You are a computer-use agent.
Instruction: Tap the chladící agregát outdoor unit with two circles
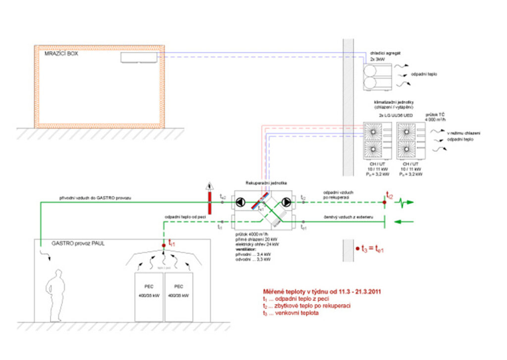coord(377,76)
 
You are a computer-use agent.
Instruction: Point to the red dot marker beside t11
coord(163,245)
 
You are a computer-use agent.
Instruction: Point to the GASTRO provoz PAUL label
coord(79,244)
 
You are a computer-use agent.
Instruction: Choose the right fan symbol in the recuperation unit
coord(287,202)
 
